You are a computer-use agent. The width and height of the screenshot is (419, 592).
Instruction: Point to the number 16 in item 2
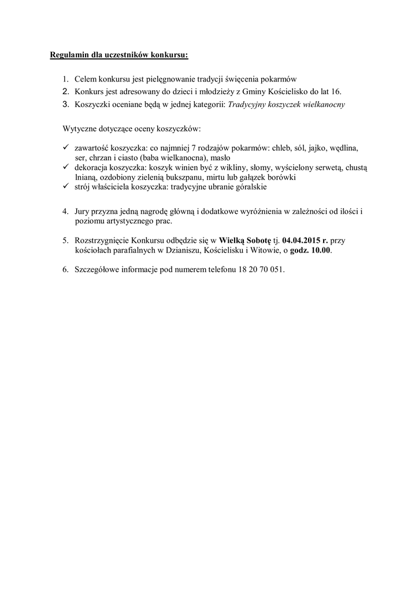(x=336, y=92)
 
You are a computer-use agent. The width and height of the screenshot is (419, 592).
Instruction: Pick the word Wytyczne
(x=79, y=127)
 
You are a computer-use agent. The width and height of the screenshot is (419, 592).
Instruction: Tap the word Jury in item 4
(x=83, y=212)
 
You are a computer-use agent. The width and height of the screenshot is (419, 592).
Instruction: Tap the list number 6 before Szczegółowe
(x=65, y=270)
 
